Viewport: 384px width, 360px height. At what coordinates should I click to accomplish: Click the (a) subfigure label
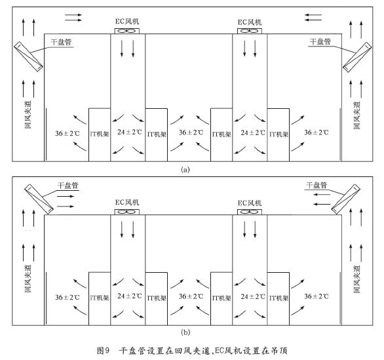(185, 170)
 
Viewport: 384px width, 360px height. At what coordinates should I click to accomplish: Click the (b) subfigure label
(185, 332)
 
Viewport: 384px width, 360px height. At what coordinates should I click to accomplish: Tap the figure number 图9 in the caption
(103, 351)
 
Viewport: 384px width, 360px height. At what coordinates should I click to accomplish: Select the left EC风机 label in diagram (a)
(127, 22)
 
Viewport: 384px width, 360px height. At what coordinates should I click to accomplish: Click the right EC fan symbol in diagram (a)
(250, 31)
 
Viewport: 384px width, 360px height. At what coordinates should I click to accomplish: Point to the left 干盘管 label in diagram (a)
(61, 42)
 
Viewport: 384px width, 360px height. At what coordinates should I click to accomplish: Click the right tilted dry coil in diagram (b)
(345, 199)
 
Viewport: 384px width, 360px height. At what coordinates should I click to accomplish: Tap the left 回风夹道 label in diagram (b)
(28, 279)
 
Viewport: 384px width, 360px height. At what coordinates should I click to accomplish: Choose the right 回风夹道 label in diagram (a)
(357, 115)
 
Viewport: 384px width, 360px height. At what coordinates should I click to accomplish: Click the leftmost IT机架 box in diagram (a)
(100, 134)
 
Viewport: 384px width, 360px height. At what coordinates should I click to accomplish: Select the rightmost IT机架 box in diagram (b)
(278, 298)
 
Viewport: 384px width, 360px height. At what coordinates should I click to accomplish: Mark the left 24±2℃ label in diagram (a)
(130, 132)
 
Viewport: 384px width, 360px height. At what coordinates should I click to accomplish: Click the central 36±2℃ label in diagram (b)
(191, 296)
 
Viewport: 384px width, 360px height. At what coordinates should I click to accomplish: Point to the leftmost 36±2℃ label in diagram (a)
(67, 134)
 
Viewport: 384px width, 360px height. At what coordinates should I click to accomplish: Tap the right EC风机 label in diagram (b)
(250, 203)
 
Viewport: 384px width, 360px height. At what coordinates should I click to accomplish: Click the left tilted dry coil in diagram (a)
(28, 56)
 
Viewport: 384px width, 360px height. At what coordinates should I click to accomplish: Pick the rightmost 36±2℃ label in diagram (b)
(317, 296)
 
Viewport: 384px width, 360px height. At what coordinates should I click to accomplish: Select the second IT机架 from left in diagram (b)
(157, 298)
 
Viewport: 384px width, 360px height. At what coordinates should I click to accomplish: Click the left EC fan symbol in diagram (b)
(127, 212)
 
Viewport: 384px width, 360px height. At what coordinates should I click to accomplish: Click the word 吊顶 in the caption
(279, 351)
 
